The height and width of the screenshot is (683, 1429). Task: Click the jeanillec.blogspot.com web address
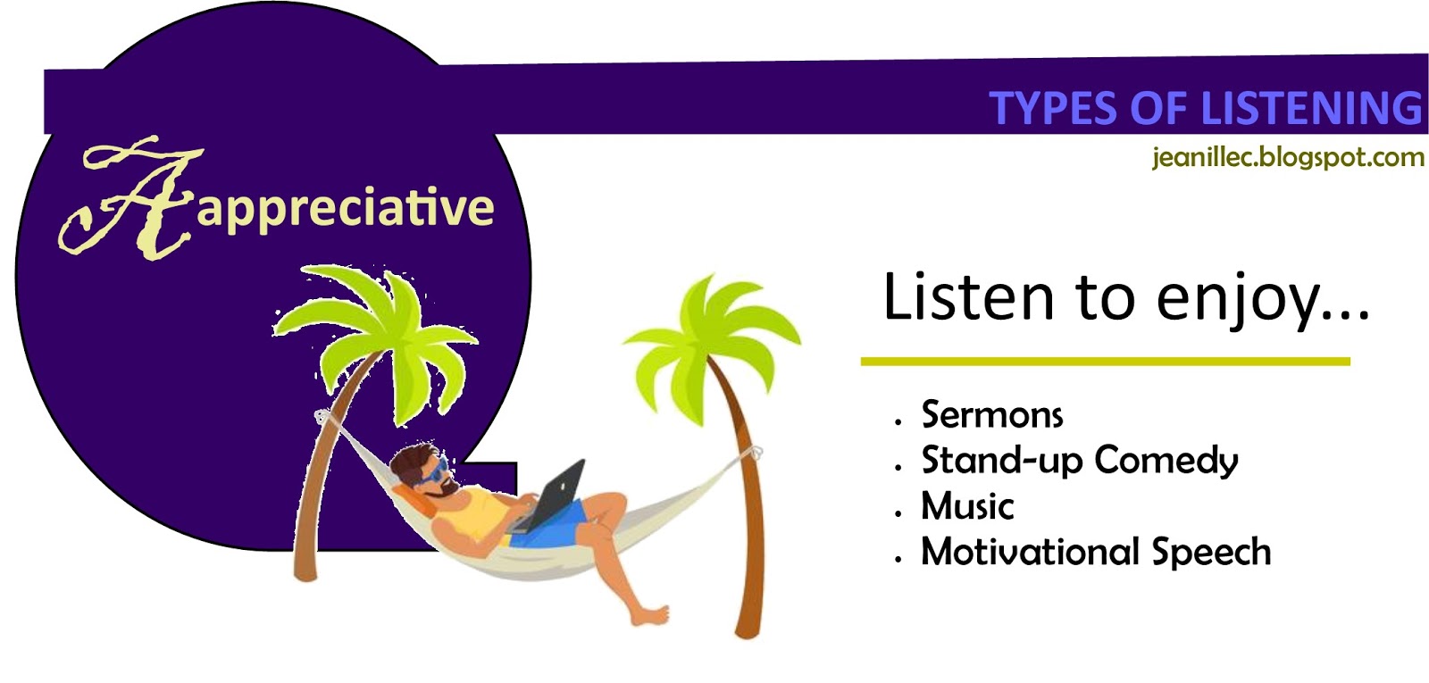pos(1288,158)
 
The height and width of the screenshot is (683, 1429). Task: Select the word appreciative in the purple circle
pos(345,209)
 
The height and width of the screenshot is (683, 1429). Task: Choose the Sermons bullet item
pos(992,415)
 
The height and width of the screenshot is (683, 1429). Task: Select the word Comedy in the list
pos(1166,462)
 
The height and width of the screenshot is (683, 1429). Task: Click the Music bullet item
pos(967,507)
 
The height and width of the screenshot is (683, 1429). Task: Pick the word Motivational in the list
pos(1030,552)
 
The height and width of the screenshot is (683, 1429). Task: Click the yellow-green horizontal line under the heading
pos(1105,362)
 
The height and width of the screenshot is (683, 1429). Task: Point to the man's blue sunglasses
pos(436,471)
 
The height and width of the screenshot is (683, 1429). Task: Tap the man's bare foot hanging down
pos(649,616)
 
